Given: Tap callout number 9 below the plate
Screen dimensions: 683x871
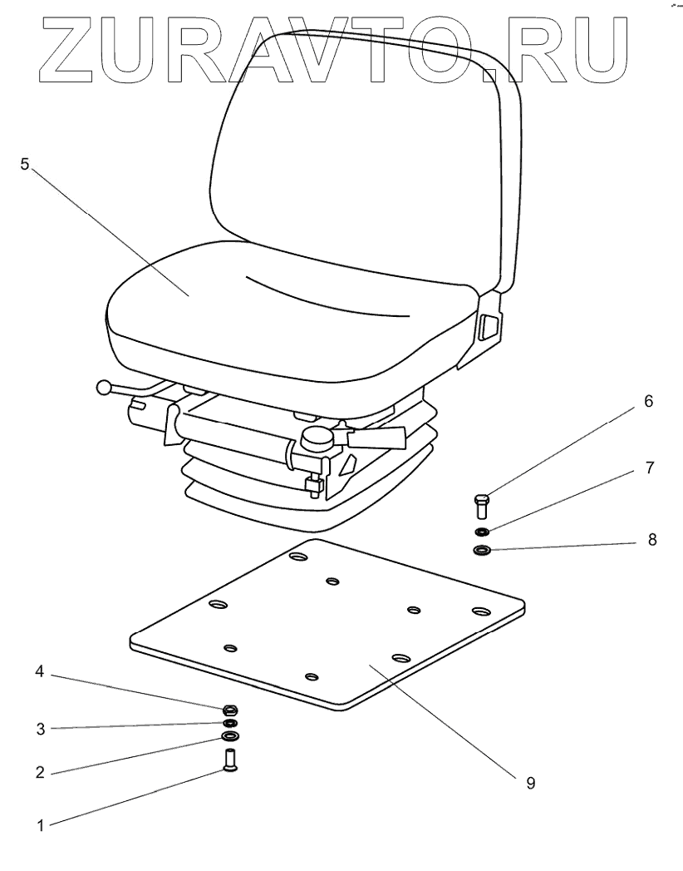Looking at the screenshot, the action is pyautogui.click(x=530, y=783).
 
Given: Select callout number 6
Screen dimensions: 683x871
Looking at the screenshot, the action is pyautogui.click(x=647, y=402).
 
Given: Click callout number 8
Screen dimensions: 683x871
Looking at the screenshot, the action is pyautogui.click(x=651, y=539).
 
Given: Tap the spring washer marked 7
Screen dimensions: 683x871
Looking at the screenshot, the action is pyautogui.click(x=482, y=532).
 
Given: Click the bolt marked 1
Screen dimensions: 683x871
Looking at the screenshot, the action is pyautogui.click(x=230, y=760).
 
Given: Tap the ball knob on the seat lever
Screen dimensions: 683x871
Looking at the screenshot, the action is pyautogui.click(x=104, y=388).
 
